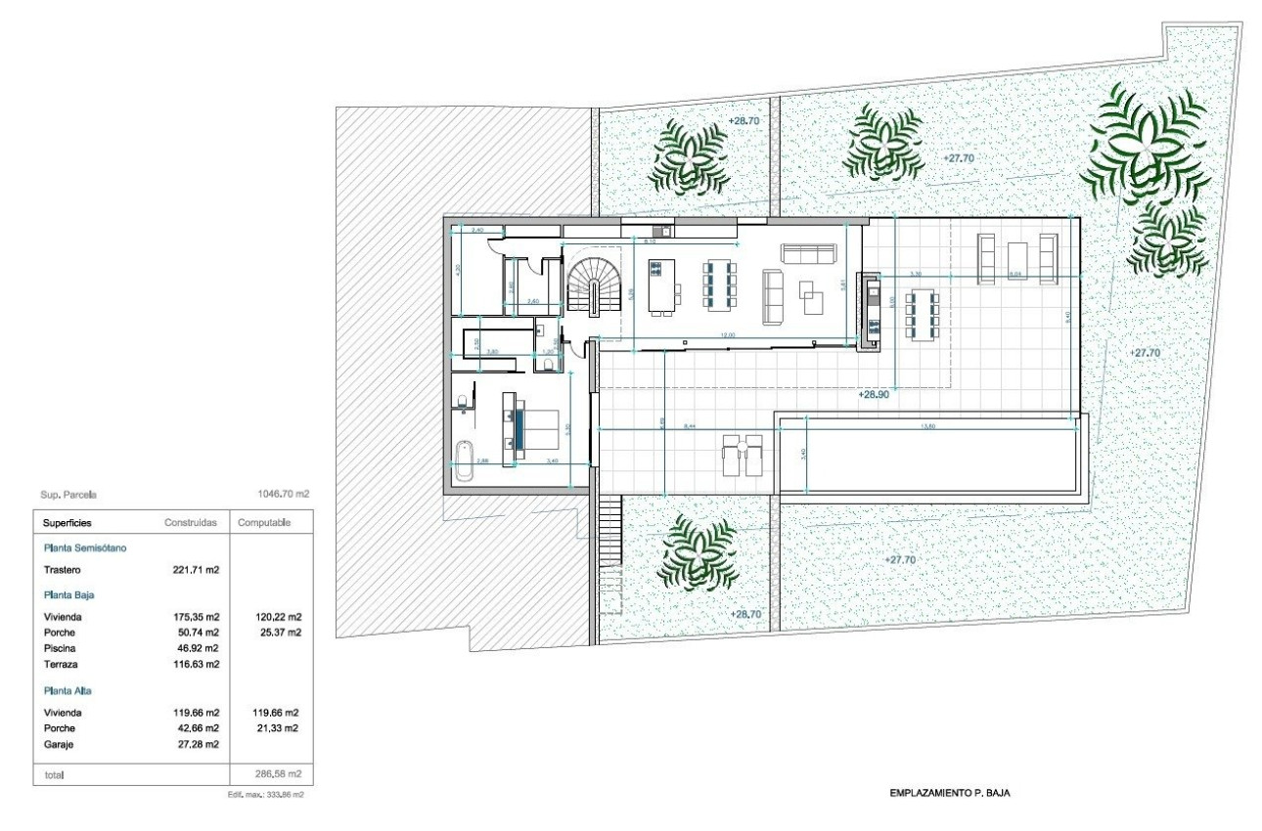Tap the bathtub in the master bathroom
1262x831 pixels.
pyautogui.click(x=463, y=460)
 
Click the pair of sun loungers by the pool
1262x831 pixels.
pyautogui.click(x=741, y=456)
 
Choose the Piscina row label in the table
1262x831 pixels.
pyautogui.click(x=60, y=647)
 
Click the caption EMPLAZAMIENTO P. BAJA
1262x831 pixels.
pyautogui.click(x=949, y=793)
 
